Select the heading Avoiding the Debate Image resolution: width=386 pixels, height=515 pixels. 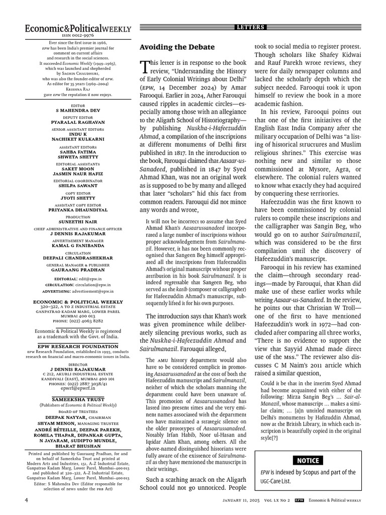(x=176, y=47)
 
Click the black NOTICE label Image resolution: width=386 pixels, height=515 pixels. (x=307, y=461)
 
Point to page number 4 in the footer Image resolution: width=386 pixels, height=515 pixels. (x=26, y=500)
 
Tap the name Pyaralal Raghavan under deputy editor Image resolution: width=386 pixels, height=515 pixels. (x=78, y=122)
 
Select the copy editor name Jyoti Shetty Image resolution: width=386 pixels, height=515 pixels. (x=78, y=198)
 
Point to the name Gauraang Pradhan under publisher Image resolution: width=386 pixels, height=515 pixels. (x=78, y=270)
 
